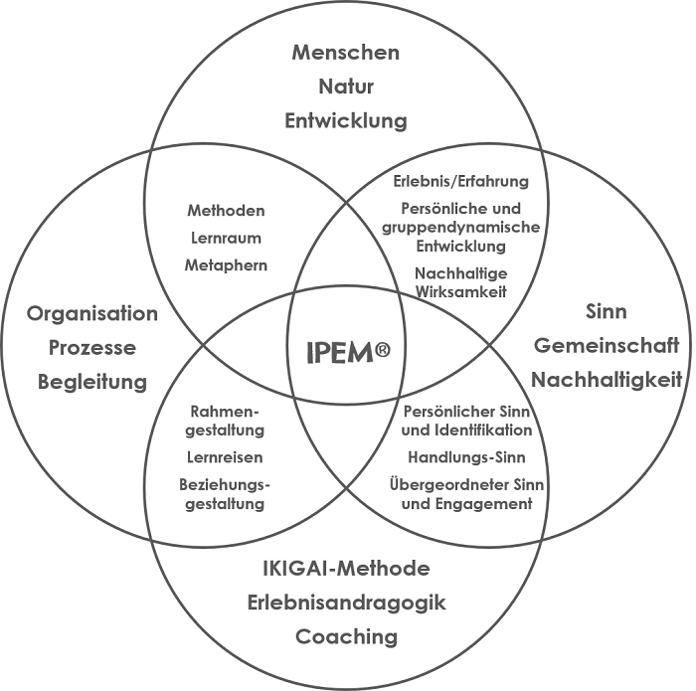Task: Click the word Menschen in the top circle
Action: pyautogui.click(x=346, y=52)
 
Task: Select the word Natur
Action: pyautogui.click(x=346, y=86)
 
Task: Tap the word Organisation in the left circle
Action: pyautogui.click(x=92, y=314)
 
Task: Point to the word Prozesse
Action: pyautogui.click(x=92, y=348)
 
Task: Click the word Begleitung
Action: pyautogui.click(x=92, y=382)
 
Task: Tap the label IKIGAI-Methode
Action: pyautogui.click(x=347, y=569)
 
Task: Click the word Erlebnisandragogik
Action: pyautogui.click(x=347, y=603)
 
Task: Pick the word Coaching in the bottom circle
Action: pyautogui.click(x=347, y=636)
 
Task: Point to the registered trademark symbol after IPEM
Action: pyautogui.click(x=384, y=349)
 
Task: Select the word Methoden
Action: pyautogui.click(x=226, y=211)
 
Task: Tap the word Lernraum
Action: pyautogui.click(x=226, y=238)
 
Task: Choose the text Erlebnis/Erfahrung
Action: pyautogui.click(x=460, y=182)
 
